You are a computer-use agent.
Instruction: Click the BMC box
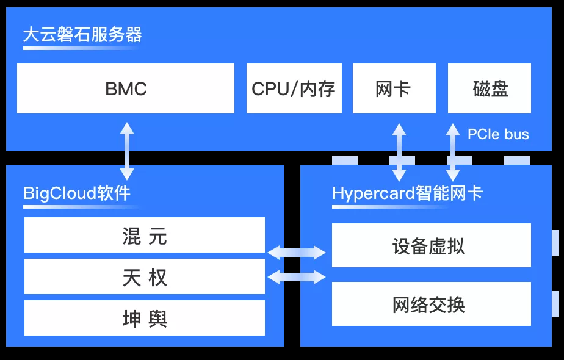coord(126,88)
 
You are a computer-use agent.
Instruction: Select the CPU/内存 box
coord(294,88)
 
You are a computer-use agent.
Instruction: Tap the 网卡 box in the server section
coord(394,88)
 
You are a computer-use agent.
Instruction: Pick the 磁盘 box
coord(489,88)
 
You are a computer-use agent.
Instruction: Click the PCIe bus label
coord(498,134)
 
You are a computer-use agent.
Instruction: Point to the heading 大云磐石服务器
coord(82,35)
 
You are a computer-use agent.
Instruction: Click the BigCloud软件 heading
coord(77,193)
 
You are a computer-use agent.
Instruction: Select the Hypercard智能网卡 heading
coord(407,193)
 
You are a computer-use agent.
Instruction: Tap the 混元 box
coord(145,235)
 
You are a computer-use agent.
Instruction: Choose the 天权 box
coord(145,276)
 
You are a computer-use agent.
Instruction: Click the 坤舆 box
coord(145,318)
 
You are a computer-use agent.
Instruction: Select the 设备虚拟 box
coord(432,245)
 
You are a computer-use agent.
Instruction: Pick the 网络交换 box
coord(432,304)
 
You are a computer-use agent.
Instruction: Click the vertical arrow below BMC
coord(127,151)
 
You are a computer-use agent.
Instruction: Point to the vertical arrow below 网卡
coord(399,152)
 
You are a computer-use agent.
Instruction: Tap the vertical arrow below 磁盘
coord(453,152)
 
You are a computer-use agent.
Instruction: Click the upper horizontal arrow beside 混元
coord(297,253)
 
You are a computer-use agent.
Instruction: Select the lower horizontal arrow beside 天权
coord(297,277)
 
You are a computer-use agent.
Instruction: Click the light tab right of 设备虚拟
coord(555,243)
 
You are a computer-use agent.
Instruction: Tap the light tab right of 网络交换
coord(555,304)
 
